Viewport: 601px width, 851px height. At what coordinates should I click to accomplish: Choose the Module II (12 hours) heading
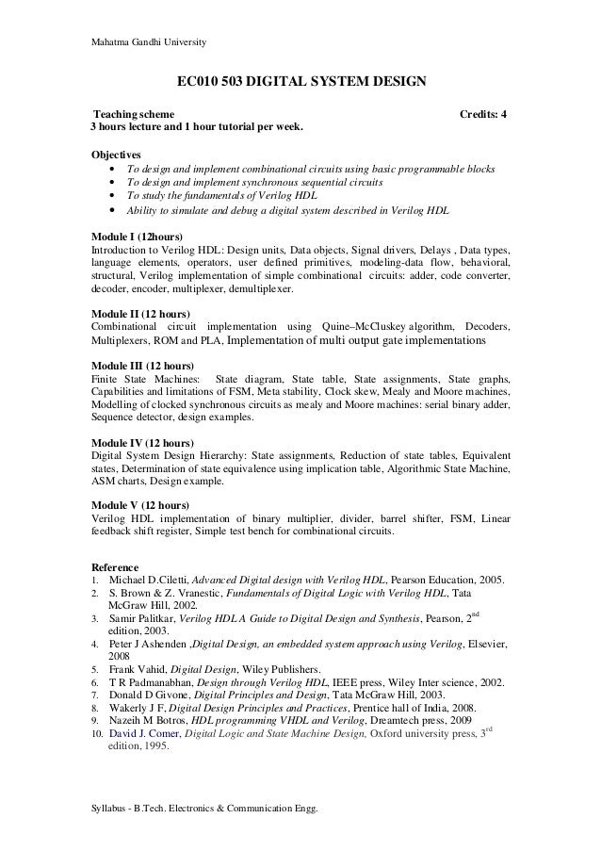(x=139, y=313)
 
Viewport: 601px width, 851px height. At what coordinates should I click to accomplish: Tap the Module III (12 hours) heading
(x=142, y=365)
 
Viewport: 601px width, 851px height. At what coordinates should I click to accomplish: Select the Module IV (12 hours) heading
(x=142, y=442)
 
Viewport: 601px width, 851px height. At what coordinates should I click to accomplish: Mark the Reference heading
(x=115, y=566)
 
